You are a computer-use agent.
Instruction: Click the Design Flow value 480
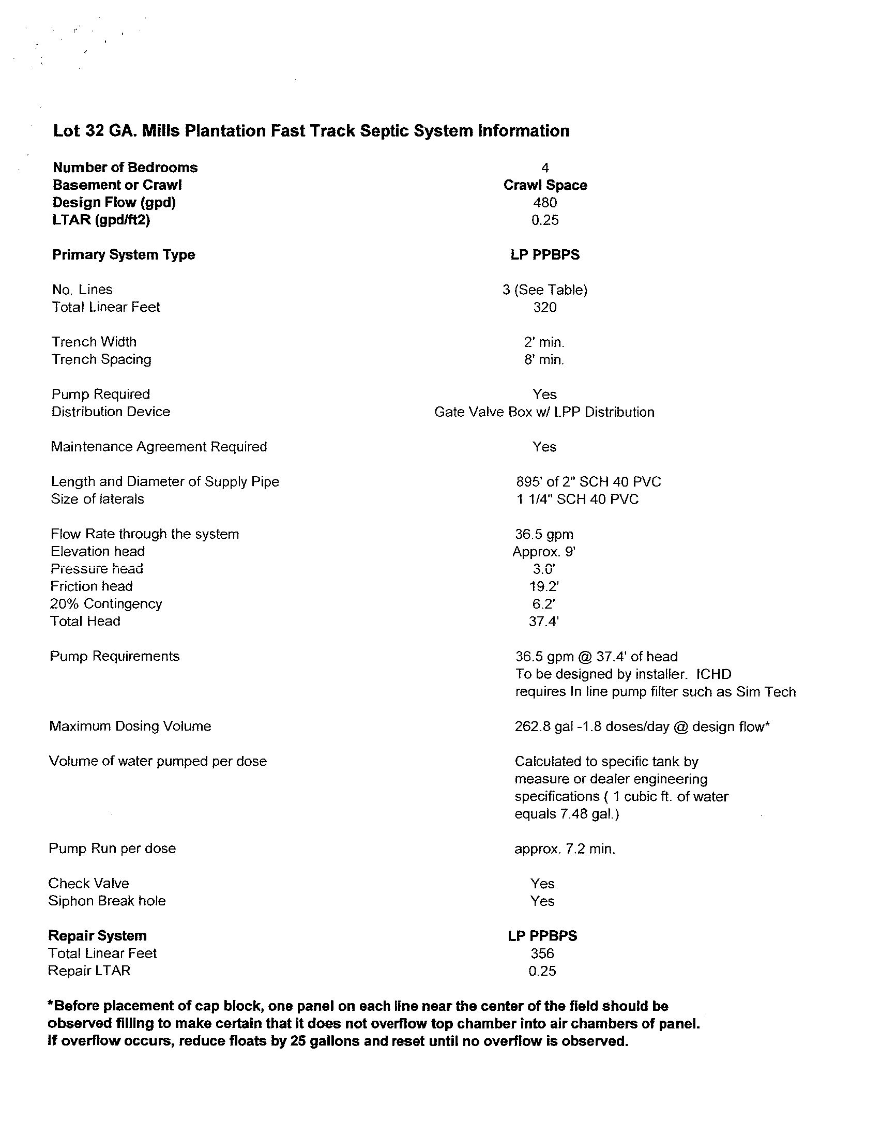point(544,202)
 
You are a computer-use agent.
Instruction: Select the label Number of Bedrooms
point(125,168)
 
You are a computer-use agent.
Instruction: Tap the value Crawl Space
point(544,185)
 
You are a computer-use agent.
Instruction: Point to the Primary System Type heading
point(123,255)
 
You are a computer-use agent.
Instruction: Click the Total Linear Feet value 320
point(544,307)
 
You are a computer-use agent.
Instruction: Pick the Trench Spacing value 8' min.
point(544,359)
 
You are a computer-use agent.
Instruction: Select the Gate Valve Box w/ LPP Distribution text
point(544,412)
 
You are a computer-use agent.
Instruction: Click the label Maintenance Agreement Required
point(159,447)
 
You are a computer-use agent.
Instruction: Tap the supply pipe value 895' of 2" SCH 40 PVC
point(588,482)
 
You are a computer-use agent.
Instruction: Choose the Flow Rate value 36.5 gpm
point(544,534)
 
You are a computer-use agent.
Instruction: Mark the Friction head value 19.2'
point(544,587)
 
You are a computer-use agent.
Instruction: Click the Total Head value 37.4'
point(543,622)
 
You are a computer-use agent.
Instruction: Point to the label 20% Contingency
point(106,604)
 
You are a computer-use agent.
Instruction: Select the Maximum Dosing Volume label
point(130,726)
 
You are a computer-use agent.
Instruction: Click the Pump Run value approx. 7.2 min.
point(565,849)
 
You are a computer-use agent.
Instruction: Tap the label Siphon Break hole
point(107,901)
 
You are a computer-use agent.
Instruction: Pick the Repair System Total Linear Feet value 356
point(542,953)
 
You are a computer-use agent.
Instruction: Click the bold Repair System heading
point(97,936)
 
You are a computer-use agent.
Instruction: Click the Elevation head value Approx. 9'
point(544,551)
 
